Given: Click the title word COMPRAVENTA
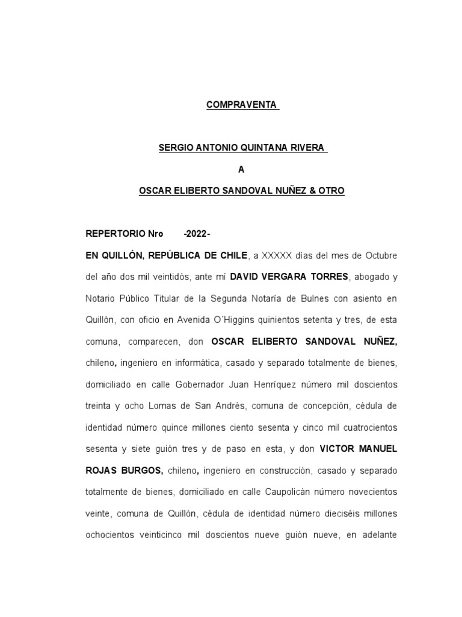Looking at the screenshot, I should (x=241, y=105).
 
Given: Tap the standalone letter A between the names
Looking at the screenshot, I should (x=241, y=169).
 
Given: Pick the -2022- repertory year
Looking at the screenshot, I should (x=197, y=233).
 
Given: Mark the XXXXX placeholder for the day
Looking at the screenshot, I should (x=277, y=255).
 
